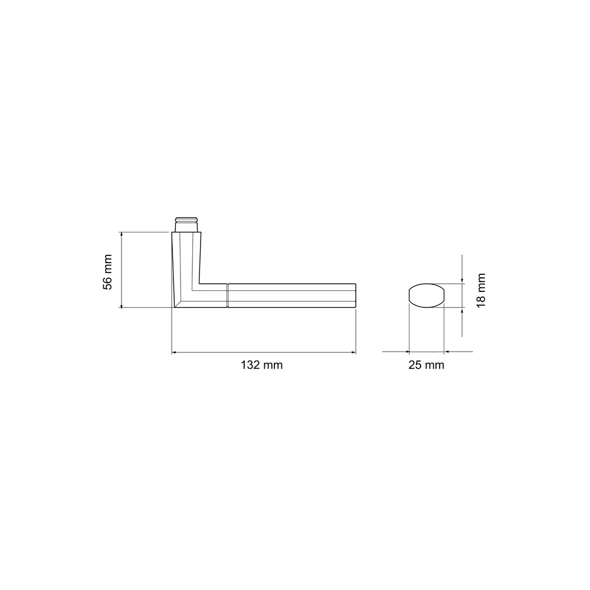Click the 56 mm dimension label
(x=107, y=272)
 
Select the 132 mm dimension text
(x=261, y=365)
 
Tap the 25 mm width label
(x=427, y=365)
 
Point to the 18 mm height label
(x=481, y=290)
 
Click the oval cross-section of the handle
(x=427, y=296)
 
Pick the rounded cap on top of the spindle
(x=186, y=219)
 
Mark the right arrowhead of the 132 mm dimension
(x=353, y=353)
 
